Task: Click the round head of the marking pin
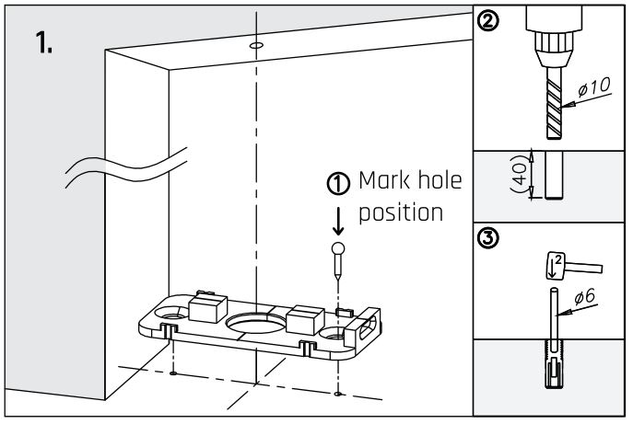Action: click(x=339, y=248)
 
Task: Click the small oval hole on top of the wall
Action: click(x=255, y=43)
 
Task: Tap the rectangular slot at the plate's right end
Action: click(x=366, y=327)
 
